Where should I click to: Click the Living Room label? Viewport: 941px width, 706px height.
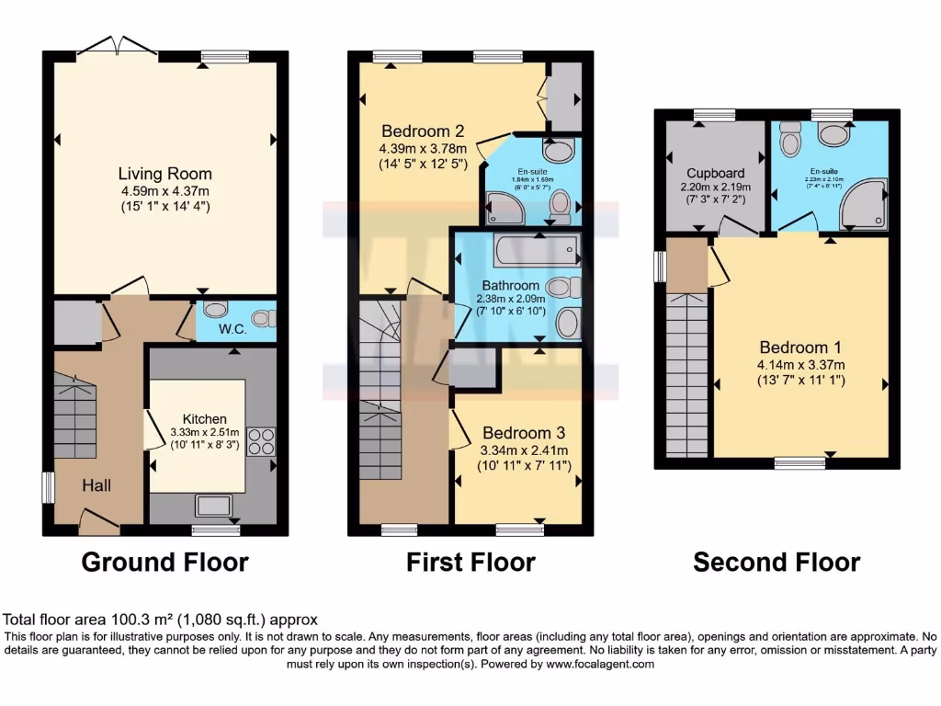pos(164,174)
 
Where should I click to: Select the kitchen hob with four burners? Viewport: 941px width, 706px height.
pos(260,440)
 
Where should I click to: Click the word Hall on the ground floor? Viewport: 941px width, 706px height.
pos(96,484)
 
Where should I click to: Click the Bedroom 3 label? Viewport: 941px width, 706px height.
pos(524,433)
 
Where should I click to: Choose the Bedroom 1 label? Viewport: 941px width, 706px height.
pos(800,347)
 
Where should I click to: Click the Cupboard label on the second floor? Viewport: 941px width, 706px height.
pos(715,173)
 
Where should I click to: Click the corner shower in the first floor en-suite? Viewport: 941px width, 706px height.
pos(505,209)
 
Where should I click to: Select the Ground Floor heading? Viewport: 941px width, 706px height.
pos(165,562)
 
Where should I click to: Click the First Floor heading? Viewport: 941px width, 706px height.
pos(470,562)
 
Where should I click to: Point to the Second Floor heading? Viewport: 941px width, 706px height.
pos(777,562)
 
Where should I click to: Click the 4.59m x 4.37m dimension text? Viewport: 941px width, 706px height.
pos(164,191)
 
